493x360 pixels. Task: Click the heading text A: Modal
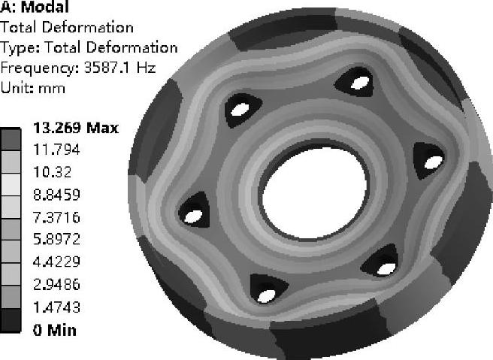35,7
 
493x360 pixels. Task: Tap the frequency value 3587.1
107,68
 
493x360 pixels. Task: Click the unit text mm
52,89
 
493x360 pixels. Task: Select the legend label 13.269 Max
76,128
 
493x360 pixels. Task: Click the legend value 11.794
56,150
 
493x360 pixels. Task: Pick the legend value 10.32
53,172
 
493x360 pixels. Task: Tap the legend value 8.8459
56,195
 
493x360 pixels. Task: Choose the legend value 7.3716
56,217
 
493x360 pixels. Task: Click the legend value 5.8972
56,239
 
